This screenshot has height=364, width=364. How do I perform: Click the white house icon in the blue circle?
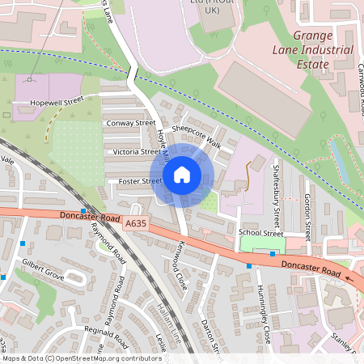(182, 174)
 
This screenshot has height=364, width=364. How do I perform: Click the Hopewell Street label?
(57, 103)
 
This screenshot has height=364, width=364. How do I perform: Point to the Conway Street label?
(131, 123)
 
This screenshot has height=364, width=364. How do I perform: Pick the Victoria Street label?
(137, 151)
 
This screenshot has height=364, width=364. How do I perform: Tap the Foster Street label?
(140, 181)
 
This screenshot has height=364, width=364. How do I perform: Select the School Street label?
(260, 232)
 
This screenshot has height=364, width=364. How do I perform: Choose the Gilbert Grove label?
(42, 269)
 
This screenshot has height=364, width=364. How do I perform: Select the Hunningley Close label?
(264, 314)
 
